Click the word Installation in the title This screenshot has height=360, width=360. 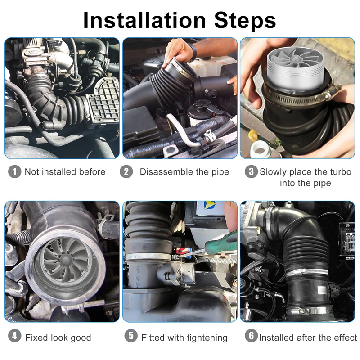[x=144, y=20]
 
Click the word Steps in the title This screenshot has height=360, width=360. [x=245, y=21]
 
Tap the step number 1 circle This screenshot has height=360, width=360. [x=15, y=172]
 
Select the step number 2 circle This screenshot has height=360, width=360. [x=126, y=172]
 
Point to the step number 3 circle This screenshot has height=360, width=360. [x=252, y=172]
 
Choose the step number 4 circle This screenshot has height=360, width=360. [x=15, y=336]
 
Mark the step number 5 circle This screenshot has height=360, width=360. [x=131, y=336]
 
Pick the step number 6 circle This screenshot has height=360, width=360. [x=252, y=336]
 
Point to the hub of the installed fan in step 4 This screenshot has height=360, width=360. [x=65, y=260]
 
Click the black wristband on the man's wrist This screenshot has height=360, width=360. [x=193, y=52]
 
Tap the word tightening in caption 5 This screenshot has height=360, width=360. [x=207, y=338]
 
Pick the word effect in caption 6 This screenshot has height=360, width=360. [x=346, y=337]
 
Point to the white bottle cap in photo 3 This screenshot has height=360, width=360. [x=260, y=149]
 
